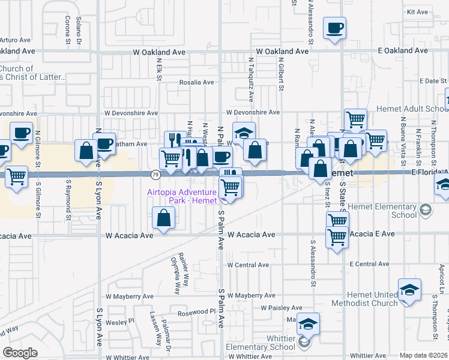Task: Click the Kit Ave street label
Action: (x=417, y=12)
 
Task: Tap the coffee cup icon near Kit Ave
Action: (x=334, y=28)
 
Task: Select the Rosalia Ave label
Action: (x=196, y=82)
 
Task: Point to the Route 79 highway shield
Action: (x=155, y=174)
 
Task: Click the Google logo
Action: (x=20, y=353)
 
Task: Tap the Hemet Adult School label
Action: (x=412, y=109)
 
